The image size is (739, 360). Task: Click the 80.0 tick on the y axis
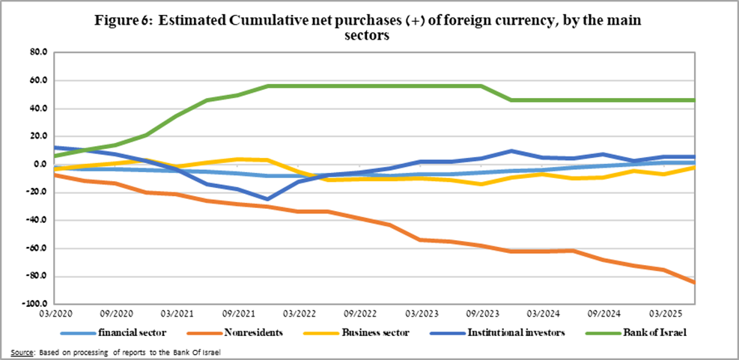[x=38, y=52]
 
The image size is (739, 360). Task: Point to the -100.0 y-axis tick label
[x=36, y=305]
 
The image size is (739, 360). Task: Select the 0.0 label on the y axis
[x=40, y=165]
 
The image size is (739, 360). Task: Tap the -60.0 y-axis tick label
[x=37, y=248]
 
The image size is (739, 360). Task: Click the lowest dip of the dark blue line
[x=267, y=199]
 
